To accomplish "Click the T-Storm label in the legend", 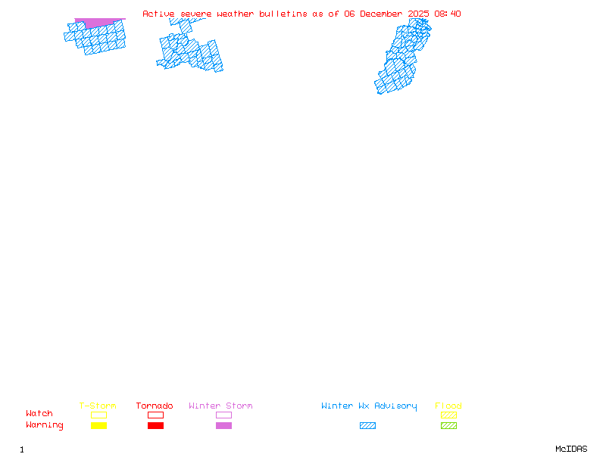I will [x=98, y=406].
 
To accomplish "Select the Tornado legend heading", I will [x=155, y=406].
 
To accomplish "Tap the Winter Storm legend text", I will [x=220, y=406].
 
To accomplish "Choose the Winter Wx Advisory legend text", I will [x=369, y=406].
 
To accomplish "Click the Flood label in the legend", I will [x=448, y=406].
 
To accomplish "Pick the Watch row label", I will [x=39, y=414].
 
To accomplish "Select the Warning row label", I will [x=45, y=425].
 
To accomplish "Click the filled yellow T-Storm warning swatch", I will [x=98, y=426].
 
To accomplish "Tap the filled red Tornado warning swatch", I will [x=155, y=426].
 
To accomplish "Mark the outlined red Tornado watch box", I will [x=155, y=415].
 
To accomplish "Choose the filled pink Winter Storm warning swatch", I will [x=223, y=426].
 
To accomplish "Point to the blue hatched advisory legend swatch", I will [x=367, y=426].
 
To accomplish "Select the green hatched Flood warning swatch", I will [x=448, y=426].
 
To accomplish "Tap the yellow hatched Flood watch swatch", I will [x=448, y=415].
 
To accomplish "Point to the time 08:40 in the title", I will [x=446, y=14].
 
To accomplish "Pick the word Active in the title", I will [x=159, y=14].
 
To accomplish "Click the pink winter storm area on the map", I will [x=98, y=23].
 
